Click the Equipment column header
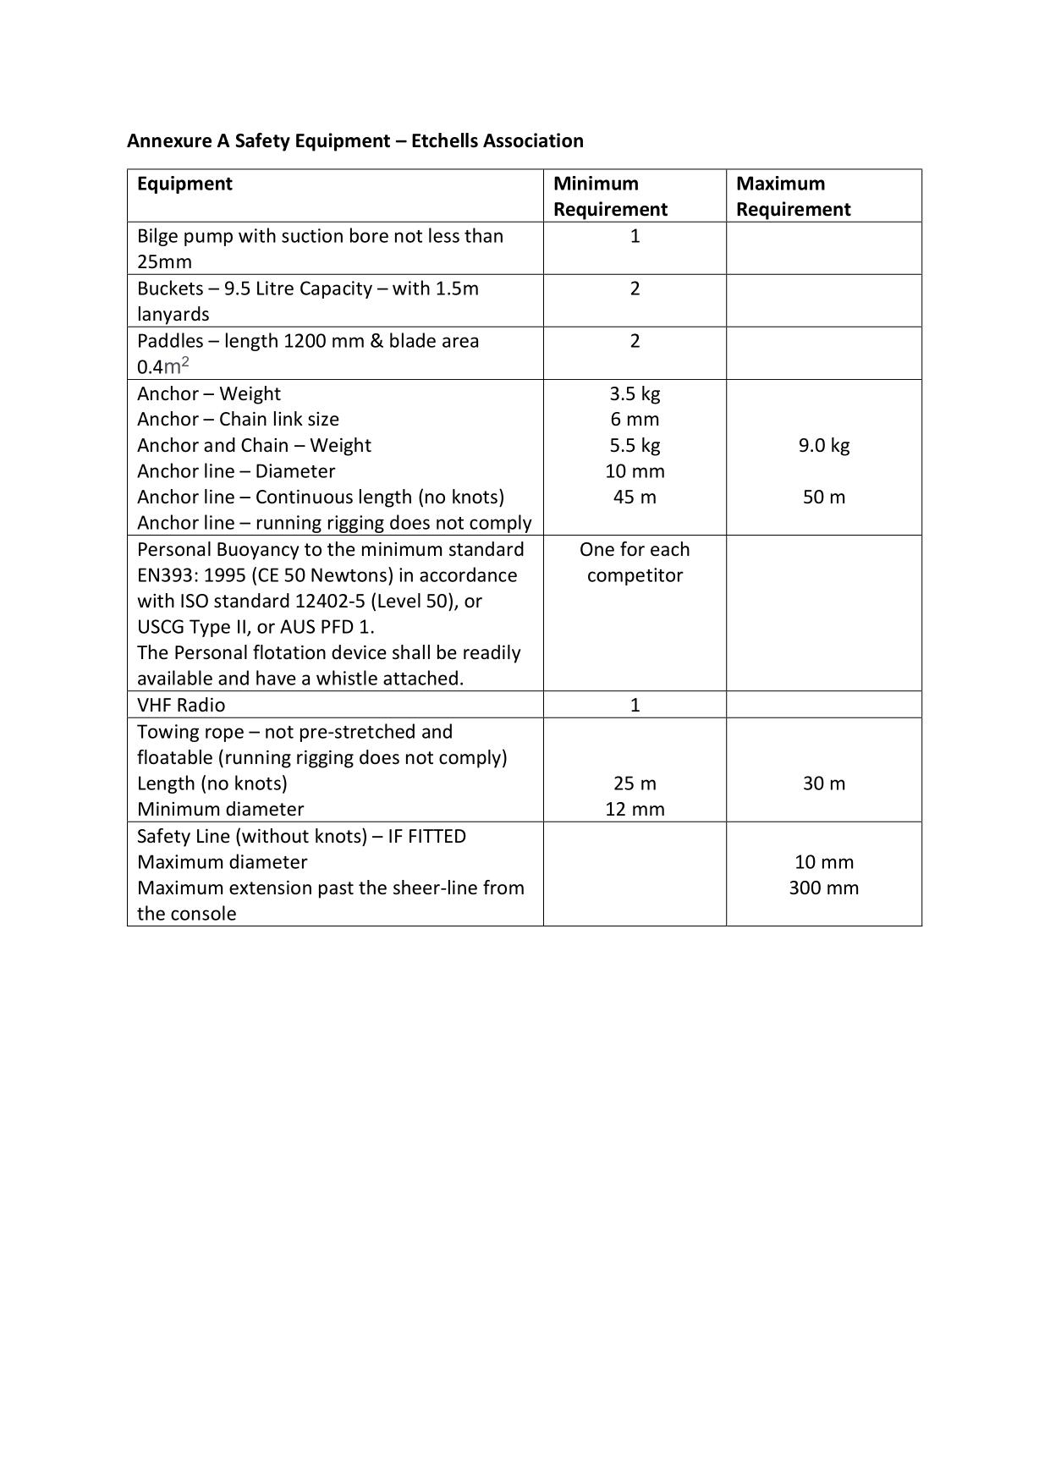pyautogui.click(x=184, y=184)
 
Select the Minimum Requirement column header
pyautogui.click(x=610, y=196)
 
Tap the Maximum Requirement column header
pyautogui.click(x=793, y=196)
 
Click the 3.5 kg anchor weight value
pyautogui.click(x=635, y=393)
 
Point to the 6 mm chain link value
pyautogui.click(x=635, y=419)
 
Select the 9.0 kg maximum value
pyautogui.click(x=823, y=445)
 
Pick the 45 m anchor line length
pyautogui.click(x=635, y=497)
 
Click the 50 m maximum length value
pyautogui.click(x=823, y=497)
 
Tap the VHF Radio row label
pyautogui.click(x=181, y=705)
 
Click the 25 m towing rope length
pyautogui.click(x=635, y=783)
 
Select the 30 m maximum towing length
pyautogui.click(x=823, y=783)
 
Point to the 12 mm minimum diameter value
pyautogui.click(x=635, y=809)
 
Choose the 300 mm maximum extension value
pyautogui.click(x=823, y=888)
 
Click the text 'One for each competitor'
pyautogui.click(x=635, y=562)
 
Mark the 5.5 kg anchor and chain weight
pyautogui.click(x=635, y=445)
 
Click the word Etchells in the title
pyautogui.click(x=443, y=140)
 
